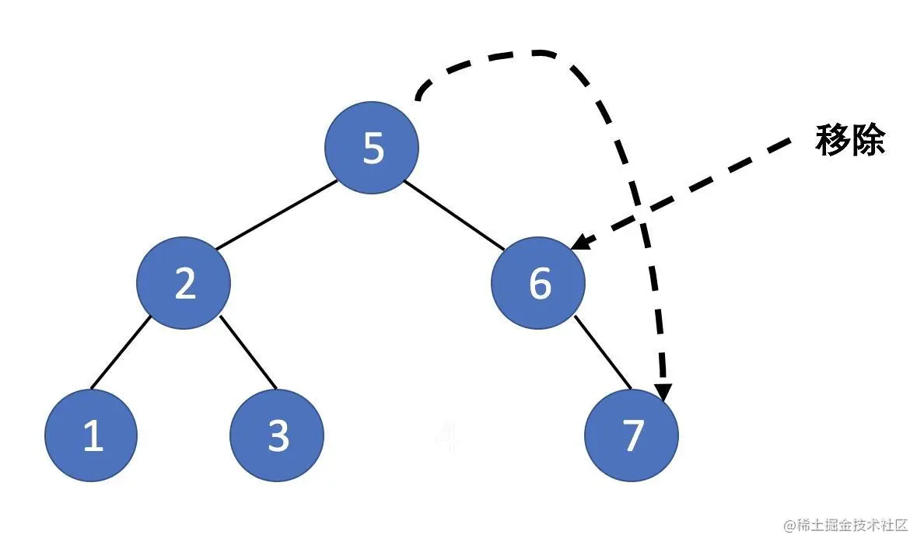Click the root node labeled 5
pos(372,148)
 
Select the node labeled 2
pos(184,284)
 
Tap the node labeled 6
pos(538,284)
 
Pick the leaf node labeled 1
pos(91,435)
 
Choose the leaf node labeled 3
pos(278,435)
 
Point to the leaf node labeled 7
pos(632,435)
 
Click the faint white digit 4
pos(446,437)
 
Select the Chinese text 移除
pos(850,142)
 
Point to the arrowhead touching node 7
pos(663,392)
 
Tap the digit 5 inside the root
pos(373,148)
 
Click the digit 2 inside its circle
pos(185,284)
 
